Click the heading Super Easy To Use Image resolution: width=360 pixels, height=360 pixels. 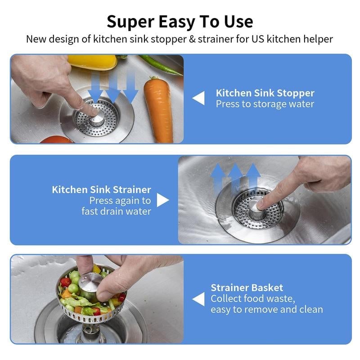(x=180, y=21)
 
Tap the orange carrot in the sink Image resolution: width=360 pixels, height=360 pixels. (x=158, y=110)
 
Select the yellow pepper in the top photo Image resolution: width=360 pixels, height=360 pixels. (x=92, y=61)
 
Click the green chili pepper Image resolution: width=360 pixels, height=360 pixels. (x=160, y=65)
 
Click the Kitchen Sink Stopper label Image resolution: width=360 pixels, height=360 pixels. (x=265, y=93)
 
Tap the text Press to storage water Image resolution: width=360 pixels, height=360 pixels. (x=265, y=104)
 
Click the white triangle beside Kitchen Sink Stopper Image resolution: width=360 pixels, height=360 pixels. (x=198, y=98)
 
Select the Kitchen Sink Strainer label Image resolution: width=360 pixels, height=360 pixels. (x=101, y=189)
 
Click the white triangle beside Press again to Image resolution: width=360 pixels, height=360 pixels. (x=162, y=200)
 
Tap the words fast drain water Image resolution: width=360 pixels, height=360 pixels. (x=116, y=211)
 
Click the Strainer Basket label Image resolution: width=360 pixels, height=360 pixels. (x=247, y=288)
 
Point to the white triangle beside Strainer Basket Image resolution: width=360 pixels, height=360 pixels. (x=198, y=299)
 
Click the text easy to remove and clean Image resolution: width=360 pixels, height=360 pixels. (x=266, y=310)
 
